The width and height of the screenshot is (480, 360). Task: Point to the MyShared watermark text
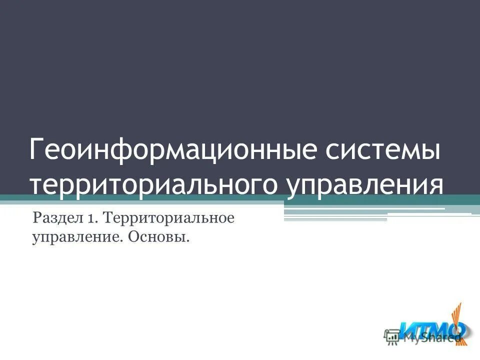click(x=432, y=338)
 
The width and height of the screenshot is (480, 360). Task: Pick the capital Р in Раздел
click(x=36, y=218)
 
